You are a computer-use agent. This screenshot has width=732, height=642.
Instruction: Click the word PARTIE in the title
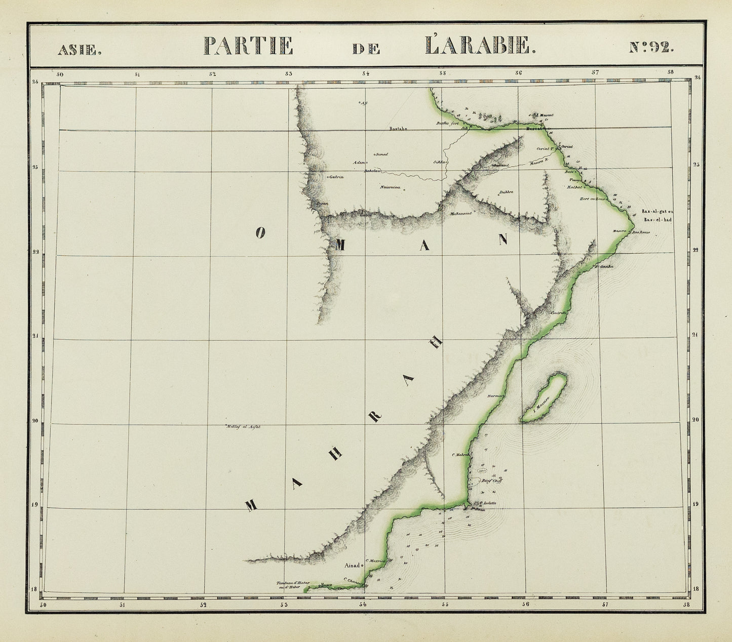tap(249, 46)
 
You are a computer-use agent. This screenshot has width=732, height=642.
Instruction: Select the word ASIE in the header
tap(80, 50)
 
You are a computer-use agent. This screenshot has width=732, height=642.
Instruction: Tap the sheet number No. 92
tap(651, 47)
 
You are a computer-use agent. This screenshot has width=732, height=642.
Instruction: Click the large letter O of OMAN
tap(260, 232)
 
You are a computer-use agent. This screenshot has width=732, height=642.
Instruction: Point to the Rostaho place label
tap(398, 129)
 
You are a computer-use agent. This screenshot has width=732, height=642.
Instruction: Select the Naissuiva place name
tap(391, 187)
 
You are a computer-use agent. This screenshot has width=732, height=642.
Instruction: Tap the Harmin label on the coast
tap(495, 396)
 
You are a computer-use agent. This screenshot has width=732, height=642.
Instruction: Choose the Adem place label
tap(360, 163)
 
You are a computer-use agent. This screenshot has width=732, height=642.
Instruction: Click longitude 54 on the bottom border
tap(363, 605)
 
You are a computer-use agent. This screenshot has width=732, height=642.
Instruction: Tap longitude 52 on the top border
tap(212, 74)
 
